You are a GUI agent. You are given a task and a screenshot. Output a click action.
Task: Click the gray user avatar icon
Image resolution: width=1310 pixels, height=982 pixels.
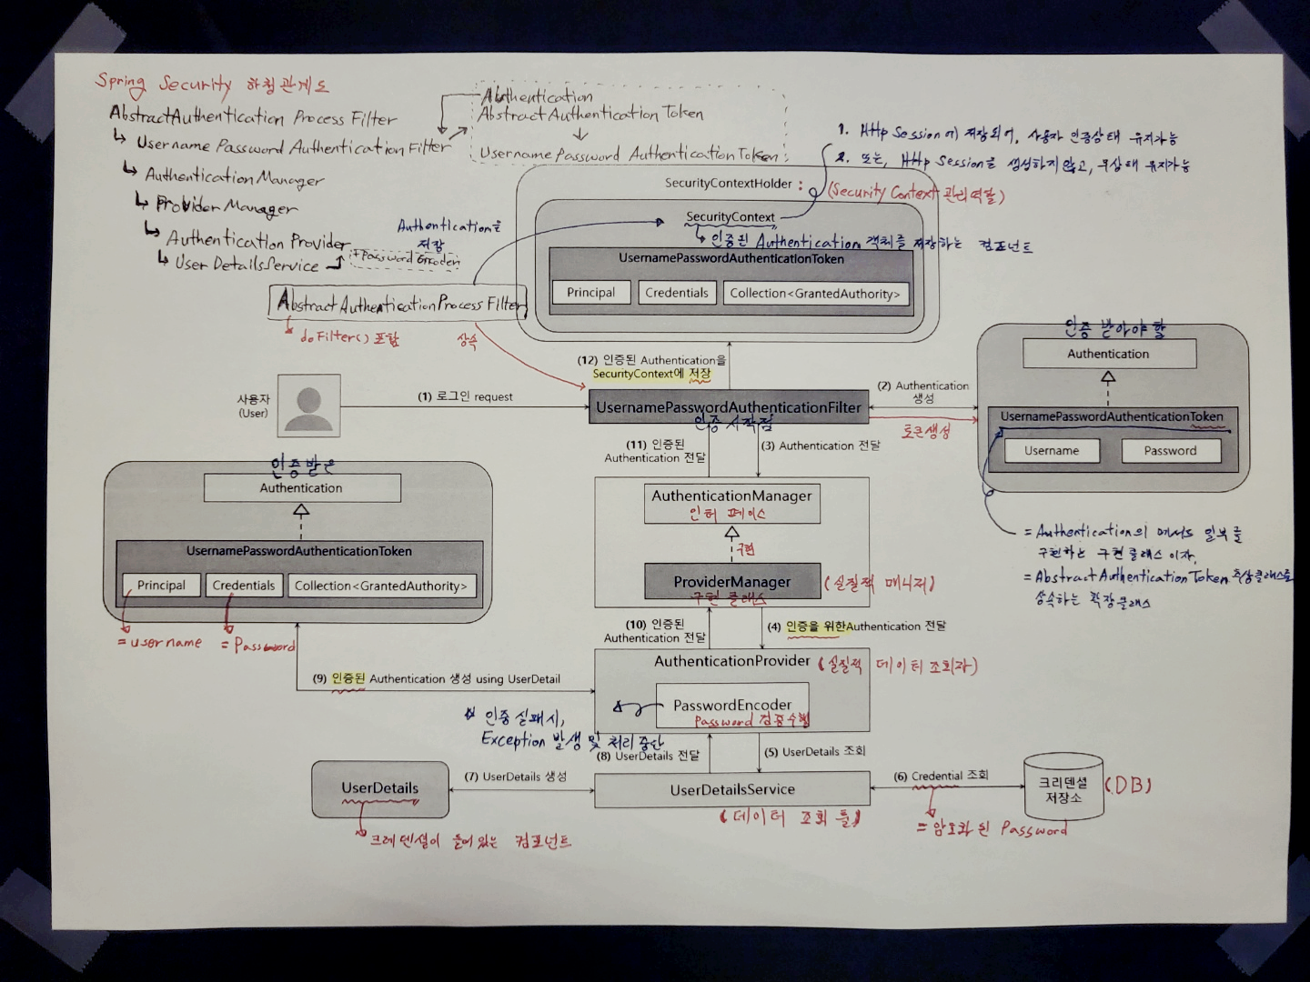(309, 406)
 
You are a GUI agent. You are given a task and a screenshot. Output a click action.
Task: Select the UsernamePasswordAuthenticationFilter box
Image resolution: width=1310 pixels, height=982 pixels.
(728, 407)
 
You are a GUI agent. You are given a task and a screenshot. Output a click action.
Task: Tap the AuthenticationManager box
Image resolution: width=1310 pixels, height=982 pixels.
(731, 504)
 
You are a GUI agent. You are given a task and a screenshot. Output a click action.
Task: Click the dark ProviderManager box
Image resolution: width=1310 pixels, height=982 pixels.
(732, 582)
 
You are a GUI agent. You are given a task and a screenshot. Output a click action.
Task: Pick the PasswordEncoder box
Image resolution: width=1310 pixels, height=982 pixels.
(732, 706)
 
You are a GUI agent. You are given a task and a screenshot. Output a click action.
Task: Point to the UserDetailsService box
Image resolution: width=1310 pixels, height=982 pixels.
(732, 789)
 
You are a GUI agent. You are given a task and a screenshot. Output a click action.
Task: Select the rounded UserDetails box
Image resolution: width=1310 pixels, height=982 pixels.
(380, 788)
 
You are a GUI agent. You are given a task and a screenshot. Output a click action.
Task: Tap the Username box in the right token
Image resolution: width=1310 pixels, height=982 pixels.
(1051, 451)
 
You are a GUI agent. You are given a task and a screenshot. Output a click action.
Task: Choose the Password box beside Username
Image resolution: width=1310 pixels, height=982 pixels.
(1170, 451)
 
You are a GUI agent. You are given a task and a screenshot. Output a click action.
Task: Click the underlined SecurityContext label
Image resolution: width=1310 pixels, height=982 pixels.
(731, 217)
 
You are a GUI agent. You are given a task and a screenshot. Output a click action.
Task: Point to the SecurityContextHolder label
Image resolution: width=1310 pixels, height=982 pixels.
(729, 184)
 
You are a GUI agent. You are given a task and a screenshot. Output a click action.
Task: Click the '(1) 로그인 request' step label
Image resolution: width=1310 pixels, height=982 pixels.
(465, 396)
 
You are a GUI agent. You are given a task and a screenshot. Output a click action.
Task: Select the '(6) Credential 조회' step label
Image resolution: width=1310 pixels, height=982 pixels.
(941, 776)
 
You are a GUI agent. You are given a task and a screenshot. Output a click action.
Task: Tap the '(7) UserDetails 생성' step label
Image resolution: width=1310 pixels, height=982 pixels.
(515, 777)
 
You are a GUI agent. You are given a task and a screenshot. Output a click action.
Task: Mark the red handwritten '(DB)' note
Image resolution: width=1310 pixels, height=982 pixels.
(1128, 785)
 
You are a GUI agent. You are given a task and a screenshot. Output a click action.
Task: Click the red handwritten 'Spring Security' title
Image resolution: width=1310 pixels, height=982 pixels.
(164, 84)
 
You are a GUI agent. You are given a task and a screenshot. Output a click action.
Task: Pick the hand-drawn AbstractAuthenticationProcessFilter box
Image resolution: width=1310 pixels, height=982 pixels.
(398, 304)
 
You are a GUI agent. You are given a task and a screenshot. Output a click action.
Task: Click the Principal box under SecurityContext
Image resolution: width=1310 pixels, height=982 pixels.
(590, 293)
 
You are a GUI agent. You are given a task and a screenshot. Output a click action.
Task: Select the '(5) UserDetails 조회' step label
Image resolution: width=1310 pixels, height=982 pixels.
(815, 752)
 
